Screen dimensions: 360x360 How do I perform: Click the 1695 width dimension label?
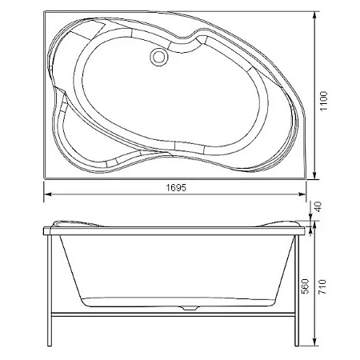(x=176, y=188)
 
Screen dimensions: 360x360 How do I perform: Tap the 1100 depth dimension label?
(x=323, y=102)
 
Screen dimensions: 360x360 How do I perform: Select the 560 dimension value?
(x=305, y=286)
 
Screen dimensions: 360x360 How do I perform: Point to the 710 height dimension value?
(x=322, y=286)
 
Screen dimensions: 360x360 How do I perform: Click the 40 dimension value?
(x=318, y=207)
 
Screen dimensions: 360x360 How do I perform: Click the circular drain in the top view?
(x=159, y=56)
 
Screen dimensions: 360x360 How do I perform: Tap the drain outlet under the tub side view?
(x=190, y=308)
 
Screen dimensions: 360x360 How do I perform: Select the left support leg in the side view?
(x=50, y=290)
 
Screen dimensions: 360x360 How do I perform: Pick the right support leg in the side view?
(x=297, y=290)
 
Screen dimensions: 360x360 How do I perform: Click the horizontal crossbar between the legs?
(x=173, y=314)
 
